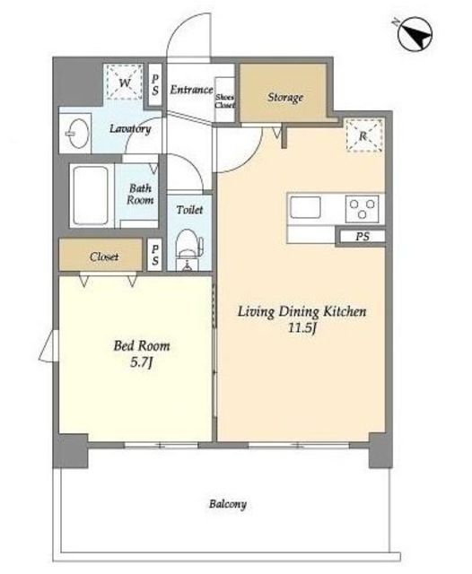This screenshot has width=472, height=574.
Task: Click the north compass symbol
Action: click(x=415, y=35)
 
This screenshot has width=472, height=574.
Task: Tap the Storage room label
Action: click(x=285, y=98)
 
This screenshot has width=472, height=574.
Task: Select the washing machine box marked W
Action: click(x=124, y=82)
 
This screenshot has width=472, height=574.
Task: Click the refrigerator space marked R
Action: click(x=364, y=135)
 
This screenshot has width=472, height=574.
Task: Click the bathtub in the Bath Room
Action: click(x=91, y=196)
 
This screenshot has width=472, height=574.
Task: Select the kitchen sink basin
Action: click(x=305, y=207)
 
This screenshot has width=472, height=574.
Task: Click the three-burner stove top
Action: click(x=363, y=208)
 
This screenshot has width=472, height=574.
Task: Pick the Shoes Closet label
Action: click(x=224, y=101)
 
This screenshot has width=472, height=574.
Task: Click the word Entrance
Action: click(x=191, y=90)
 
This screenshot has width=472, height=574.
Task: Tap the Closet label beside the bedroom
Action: click(x=104, y=257)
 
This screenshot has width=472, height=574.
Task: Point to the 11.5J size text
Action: click(x=302, y=327)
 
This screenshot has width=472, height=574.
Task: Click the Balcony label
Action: click(x=227, y=504)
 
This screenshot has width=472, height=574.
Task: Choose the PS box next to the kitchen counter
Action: click(x=363, y=237)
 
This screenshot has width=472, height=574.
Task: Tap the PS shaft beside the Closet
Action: click(x=155, y=255)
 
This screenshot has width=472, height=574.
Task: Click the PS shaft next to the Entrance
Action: click(x=155, y=85)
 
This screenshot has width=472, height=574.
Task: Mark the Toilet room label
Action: click(x=189, y=210)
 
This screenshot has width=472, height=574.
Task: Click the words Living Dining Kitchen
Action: click(x=302, y=311)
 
